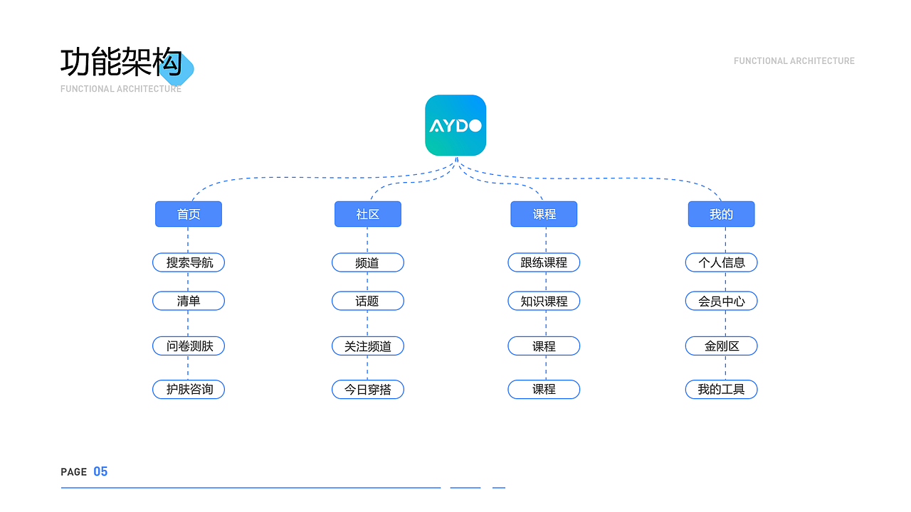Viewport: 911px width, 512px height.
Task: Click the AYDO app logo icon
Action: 455,125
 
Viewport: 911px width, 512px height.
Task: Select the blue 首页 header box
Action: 189,214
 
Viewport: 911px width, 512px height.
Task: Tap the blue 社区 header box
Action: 368,214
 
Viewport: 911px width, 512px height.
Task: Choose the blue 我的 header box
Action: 721,214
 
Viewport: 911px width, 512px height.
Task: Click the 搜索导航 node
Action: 189,262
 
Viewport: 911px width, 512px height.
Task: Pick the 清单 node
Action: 189,301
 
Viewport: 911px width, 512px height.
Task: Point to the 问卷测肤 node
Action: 189,346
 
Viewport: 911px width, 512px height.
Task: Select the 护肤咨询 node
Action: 189,390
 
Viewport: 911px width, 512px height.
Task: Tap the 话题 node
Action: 368,301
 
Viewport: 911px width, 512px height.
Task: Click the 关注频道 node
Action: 368,346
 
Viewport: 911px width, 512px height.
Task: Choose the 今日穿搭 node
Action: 368,390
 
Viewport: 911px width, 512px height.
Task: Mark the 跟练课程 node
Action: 544,262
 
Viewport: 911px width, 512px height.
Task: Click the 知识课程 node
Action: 544,301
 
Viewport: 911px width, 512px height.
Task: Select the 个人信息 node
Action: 721,262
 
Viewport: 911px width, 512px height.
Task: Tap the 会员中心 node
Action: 721,301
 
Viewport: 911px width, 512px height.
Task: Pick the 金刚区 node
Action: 721,346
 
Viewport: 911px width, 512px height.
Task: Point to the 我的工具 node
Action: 721,390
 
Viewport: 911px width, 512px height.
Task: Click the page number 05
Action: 100,471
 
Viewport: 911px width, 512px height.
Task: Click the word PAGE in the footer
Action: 74,472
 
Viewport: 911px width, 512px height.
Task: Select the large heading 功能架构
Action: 121,63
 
